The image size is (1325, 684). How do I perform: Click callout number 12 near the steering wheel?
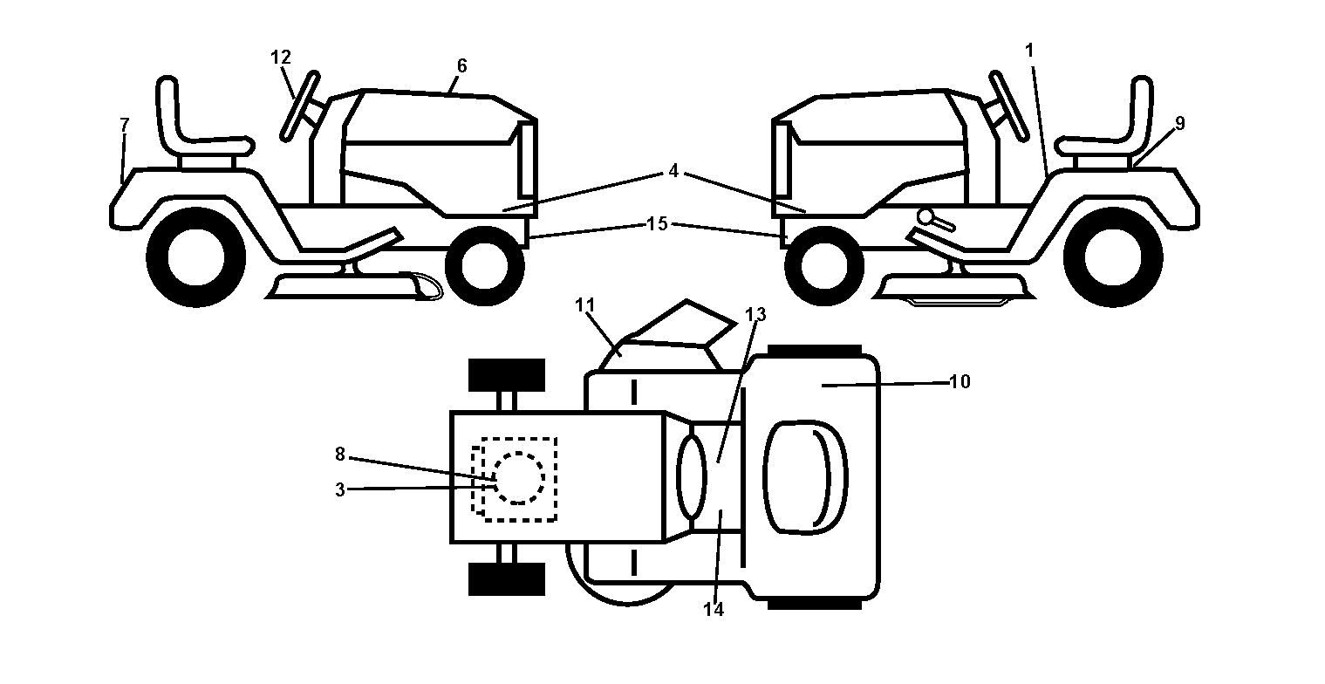click(x=281, y=58)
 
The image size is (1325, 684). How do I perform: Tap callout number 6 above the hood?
click(x=462, y=65)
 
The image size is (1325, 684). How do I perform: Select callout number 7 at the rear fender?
click(x=124, y=125)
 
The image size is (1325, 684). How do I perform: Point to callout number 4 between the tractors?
click(x=673, y=171)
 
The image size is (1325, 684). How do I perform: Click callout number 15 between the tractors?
click(x=657, y=223)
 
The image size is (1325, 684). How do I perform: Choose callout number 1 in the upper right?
click(x=1029, y=51)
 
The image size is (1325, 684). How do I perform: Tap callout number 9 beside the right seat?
click(x=1179, y=124)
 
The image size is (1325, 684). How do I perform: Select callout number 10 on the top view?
click(x=960, y=382)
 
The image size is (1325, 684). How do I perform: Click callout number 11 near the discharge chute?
click(x=585, y=305)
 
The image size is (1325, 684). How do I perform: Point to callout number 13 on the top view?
click(x=755, y=315)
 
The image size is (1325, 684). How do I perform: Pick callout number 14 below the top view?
click(x=714, y=610)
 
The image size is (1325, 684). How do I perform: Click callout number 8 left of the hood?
click(x=339, y=455)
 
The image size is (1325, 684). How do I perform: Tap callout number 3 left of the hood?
click(x=339, y=490)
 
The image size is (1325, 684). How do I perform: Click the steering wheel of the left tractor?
click(x=300, y=106)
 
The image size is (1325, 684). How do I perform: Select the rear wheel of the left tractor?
click(x=195, y=257)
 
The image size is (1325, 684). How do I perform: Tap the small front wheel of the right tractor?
click(x=824, y=266)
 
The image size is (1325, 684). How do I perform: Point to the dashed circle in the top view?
click(x=518, y=478)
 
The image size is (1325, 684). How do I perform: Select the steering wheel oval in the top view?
click(x=691, y=478)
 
